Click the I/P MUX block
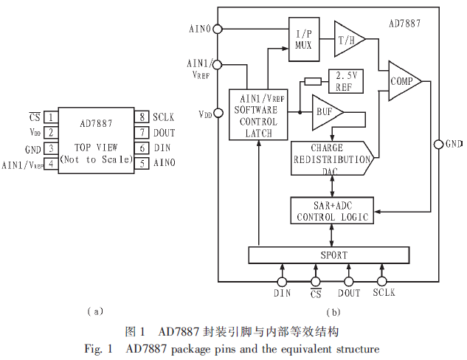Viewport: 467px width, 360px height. point(304,39)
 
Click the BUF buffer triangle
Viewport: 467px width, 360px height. point(326,113)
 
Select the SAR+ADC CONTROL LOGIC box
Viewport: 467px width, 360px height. point(332,212)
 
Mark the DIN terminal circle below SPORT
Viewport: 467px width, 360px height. point(282,281)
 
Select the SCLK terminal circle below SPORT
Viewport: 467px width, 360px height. point(382,281)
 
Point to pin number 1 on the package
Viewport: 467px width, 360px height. point(50,117)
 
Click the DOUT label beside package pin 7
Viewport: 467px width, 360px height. point(164,132)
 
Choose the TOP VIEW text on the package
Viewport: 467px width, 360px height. point(95,147)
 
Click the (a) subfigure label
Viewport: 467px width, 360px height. point(94,311)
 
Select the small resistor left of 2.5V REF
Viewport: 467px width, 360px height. point(312,80)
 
